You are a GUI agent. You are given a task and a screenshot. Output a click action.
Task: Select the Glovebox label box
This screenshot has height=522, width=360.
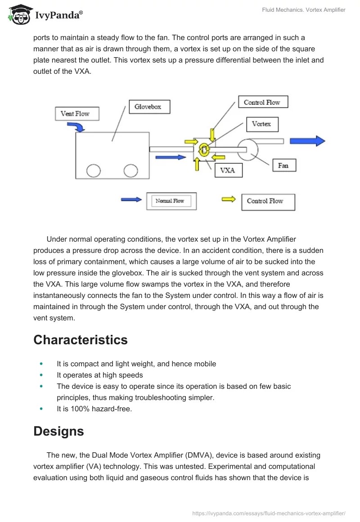point(148,107)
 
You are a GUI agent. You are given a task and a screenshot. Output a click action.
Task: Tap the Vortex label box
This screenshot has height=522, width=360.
point(261,124)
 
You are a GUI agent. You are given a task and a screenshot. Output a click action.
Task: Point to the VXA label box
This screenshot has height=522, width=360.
point(228,171)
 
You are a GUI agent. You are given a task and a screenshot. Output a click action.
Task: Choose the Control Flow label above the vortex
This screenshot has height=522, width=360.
point(262,103)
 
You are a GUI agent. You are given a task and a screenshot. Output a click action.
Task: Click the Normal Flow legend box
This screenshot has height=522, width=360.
point(171,201)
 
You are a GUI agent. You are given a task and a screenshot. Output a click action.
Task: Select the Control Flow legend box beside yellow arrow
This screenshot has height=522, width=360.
point(268,202)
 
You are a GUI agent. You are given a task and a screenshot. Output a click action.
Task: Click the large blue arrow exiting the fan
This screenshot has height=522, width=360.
point(307,141)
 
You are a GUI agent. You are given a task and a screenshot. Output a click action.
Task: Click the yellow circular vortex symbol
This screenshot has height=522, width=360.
point(203,150)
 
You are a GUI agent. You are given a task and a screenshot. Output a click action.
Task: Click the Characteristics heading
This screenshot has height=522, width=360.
point(81,340)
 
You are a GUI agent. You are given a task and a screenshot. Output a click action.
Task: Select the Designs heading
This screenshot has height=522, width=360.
point(58,431)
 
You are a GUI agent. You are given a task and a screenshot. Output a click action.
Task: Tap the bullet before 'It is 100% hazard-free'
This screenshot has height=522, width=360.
point(42,409)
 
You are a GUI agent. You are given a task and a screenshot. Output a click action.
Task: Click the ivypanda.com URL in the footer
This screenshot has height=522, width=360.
point(269,513)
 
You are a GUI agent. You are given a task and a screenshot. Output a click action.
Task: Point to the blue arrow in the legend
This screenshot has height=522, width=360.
point(131,199)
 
